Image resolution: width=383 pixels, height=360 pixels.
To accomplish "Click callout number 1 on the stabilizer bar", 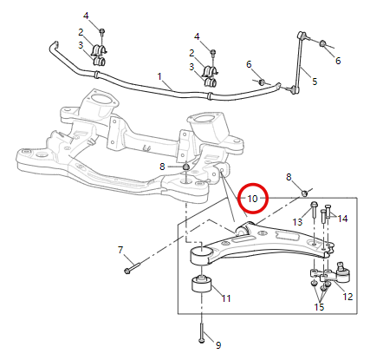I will click(160, 76).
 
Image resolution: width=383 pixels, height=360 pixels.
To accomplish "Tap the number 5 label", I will click(315, 82).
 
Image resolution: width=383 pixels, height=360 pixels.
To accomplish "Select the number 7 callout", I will click(120, 251).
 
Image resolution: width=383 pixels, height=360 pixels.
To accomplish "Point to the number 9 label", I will click(217, 345).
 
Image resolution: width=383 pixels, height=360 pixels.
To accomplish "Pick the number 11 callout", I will click(226, 298).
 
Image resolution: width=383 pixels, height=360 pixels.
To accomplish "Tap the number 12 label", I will click(347, 297).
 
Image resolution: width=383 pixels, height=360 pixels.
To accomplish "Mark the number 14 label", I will click(343, 219).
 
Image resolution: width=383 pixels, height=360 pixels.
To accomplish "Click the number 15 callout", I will click(319, 307).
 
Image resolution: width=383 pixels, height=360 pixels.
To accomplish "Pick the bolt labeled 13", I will click(312, 210).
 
